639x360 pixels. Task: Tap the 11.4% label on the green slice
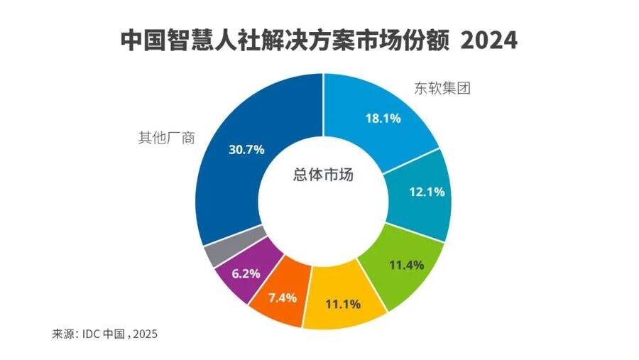point(406,265)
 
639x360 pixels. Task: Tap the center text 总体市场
point(323,175)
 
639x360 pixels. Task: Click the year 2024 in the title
point(488,40)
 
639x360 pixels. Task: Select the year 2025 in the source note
point(144,333)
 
